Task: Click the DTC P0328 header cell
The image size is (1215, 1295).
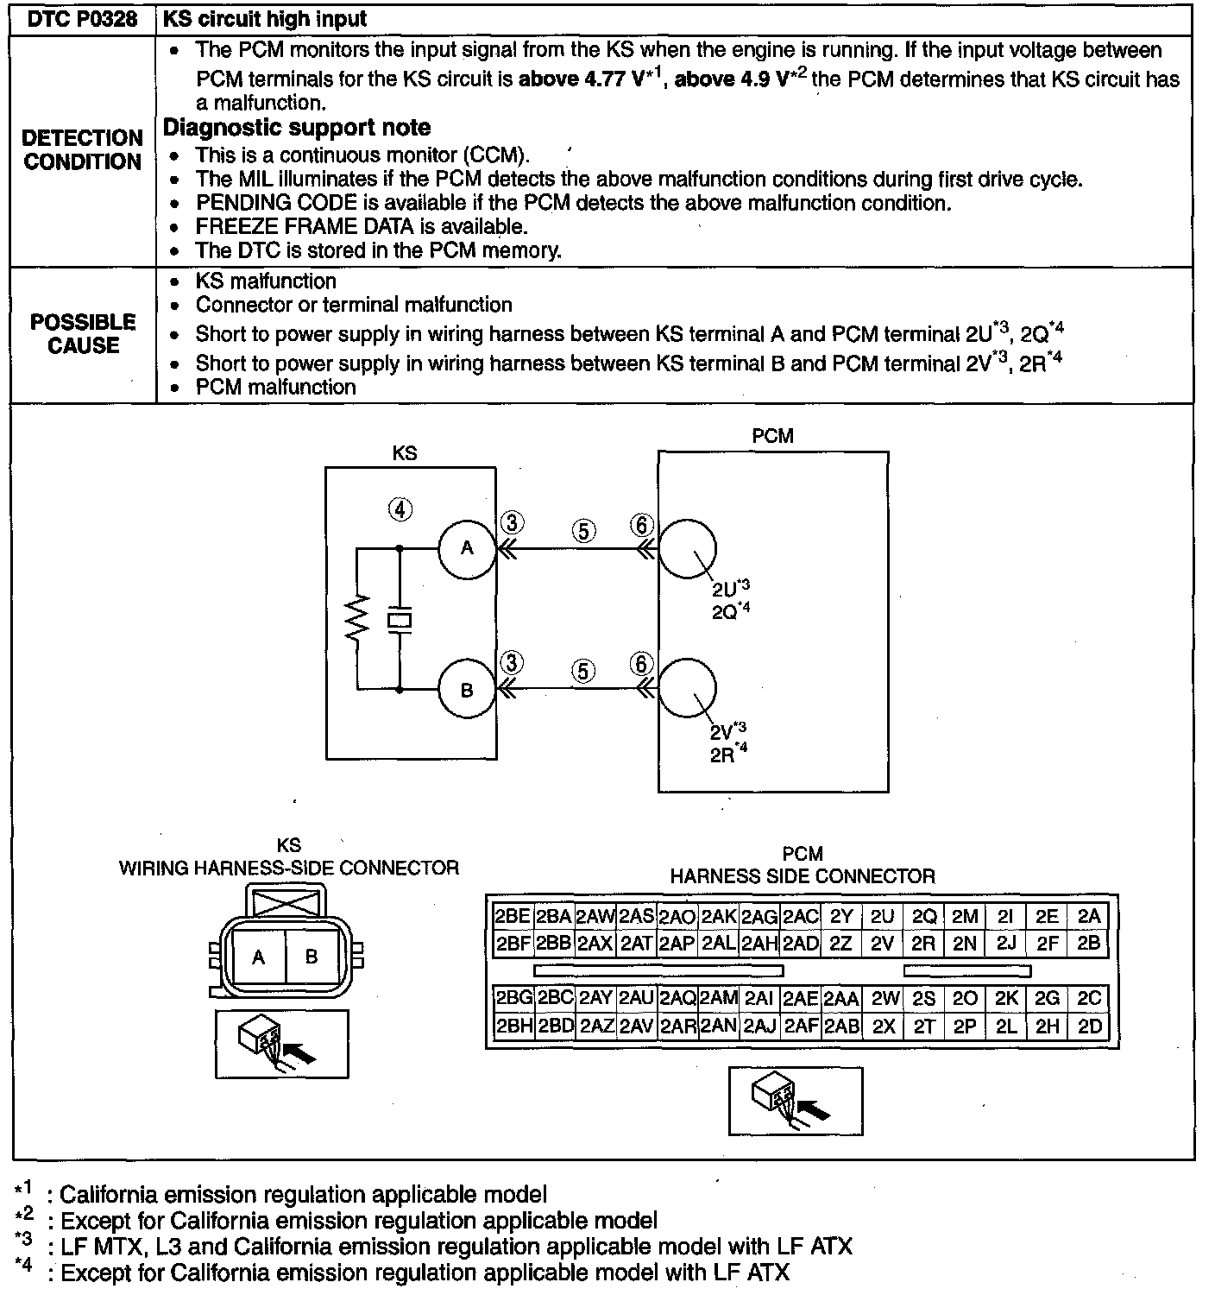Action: click(x=83, y=20)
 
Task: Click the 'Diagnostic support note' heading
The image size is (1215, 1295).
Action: click(x=297, y=128)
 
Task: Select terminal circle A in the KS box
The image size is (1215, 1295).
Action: click(x=467, y=548)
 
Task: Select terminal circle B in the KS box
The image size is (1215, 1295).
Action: click(x=467, y=690)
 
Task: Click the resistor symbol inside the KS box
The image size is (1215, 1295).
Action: click(x=356, y=617)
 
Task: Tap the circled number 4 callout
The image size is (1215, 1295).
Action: click(x=400, y=509)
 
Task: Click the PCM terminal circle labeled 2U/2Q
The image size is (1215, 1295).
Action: click(x=688, y=548)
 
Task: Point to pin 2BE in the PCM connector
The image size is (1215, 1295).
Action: click(x=512, y=917)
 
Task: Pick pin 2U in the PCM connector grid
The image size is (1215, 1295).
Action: click(x=882, y=917)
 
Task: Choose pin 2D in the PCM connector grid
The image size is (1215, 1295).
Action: click(x=1090, y=1027)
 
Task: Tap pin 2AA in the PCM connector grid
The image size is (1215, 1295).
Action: click(x=841, y=999)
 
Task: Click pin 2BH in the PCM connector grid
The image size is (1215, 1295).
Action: click(x=513, y=1027)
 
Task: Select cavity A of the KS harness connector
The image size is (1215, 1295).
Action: click(x=258, y=957)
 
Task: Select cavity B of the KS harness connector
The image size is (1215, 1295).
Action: click(x=312, y=957)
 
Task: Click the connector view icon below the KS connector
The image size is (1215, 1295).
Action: click(x=282, y=1044)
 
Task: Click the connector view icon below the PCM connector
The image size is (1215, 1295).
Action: click(x=795, y=1101)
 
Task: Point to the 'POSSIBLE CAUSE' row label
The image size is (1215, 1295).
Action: click(x=83, y=334)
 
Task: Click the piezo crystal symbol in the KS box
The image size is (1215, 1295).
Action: click(x=400, y=619)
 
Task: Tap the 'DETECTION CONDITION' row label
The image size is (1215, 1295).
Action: click(x=83, y=150)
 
